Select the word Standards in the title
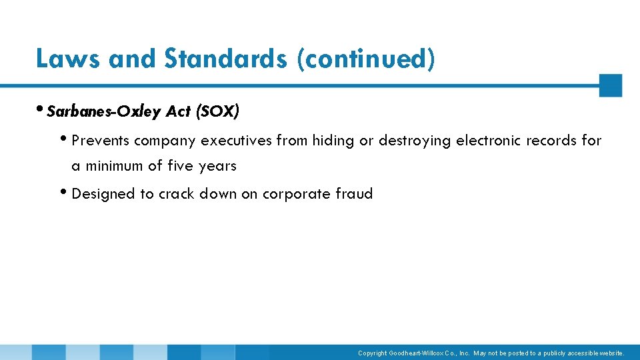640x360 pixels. [225, 59]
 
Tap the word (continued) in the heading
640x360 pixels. [367, 59]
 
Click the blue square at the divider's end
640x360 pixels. [610, 85]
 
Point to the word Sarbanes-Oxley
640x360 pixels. [103, 112]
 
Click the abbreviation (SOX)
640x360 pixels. [217, 112]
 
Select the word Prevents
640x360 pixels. [100, 141]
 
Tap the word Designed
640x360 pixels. [103, 194]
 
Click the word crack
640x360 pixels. [176, 194]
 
